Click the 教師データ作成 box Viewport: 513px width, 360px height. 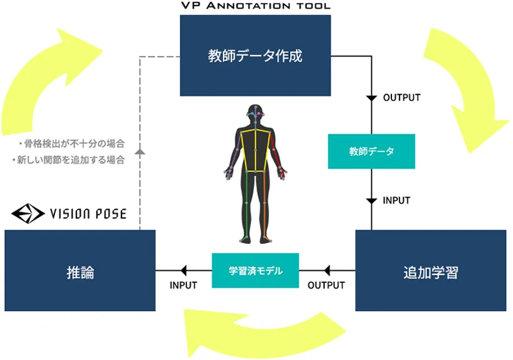(255, 56)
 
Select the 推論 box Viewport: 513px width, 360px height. (80, 270)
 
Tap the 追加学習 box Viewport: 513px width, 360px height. (431, 270)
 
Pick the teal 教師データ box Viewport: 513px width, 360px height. (371, 152)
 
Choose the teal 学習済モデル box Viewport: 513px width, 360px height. (255, 271)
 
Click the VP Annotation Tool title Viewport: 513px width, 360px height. (255, 6)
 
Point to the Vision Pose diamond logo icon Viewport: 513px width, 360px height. (28, 213)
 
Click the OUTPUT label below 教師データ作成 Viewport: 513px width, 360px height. (401, 98)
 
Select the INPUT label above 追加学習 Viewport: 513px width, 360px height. (396, 200)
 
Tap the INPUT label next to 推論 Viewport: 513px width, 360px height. (183, 285)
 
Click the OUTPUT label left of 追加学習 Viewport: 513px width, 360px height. (326, 285)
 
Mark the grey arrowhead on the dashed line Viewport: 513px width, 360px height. (140, 152)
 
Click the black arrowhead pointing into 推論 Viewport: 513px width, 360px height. (184, 271)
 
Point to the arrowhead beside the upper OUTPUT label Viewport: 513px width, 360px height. (371, 98)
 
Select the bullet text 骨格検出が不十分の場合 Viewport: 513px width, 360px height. (71, 144)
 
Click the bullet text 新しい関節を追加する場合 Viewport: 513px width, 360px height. (68, 160)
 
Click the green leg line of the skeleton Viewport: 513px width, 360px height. (246, 205)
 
